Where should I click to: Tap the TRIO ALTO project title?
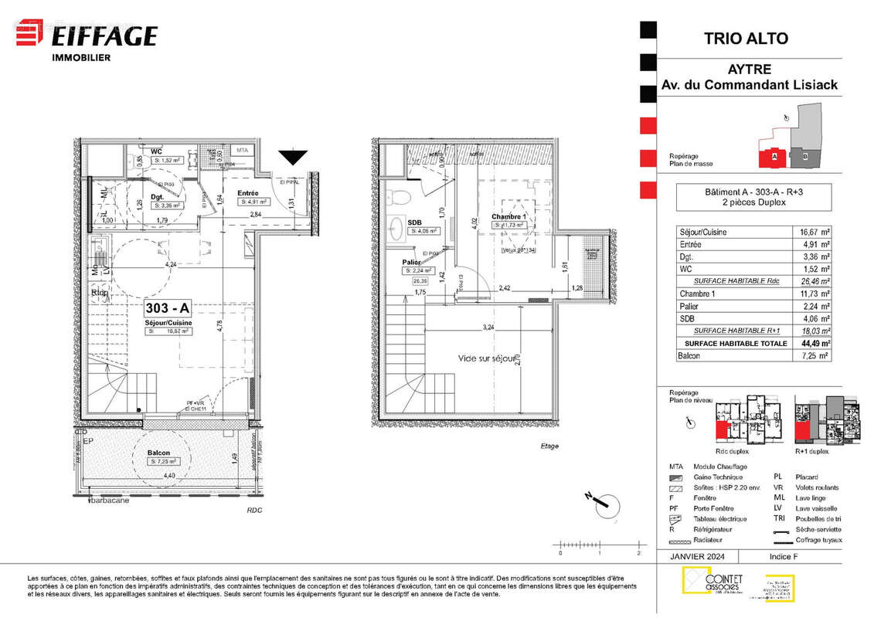tap(746, 38)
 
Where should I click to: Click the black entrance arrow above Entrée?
tap(292, 158)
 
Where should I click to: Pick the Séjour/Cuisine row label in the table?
tap(702, 232)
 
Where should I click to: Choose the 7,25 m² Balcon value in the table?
tap(814, 355)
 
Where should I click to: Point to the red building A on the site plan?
tap(773, 156)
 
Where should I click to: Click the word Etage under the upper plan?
tap(549, 446)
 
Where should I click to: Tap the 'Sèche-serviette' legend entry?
tap(817, 530)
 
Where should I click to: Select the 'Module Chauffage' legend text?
tap(720, 467)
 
